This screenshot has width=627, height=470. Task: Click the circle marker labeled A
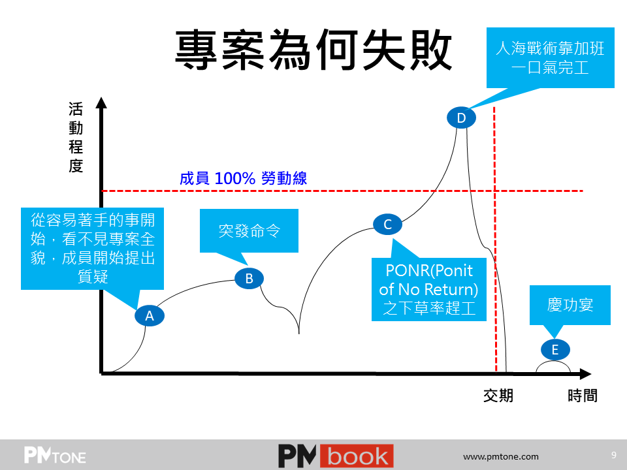[149, 316]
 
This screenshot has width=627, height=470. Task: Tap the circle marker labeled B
[249, 279]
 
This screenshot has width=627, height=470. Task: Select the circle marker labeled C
[387, 225]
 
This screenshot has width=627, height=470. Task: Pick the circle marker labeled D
[461, 118]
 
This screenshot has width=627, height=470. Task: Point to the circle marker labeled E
[555, 349]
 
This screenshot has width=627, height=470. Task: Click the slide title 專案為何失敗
[313, 50]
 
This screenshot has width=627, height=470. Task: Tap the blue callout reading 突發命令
[249, 231]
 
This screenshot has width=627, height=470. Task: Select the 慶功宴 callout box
[570, 305]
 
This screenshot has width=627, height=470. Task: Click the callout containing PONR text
[429, 289]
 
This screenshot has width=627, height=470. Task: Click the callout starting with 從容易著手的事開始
[92, 248]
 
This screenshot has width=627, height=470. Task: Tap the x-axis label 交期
[498, 396]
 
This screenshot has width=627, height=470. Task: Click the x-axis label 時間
[582, 396]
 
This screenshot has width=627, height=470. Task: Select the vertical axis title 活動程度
[76, 137]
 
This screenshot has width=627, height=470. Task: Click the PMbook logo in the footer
[336, 456]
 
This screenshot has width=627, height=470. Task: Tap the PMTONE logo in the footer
[55, 456]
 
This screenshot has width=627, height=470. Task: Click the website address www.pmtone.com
[501, 457]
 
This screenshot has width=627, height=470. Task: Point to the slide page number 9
[613, 455]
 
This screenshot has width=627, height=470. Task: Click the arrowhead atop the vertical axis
[101, 102]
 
